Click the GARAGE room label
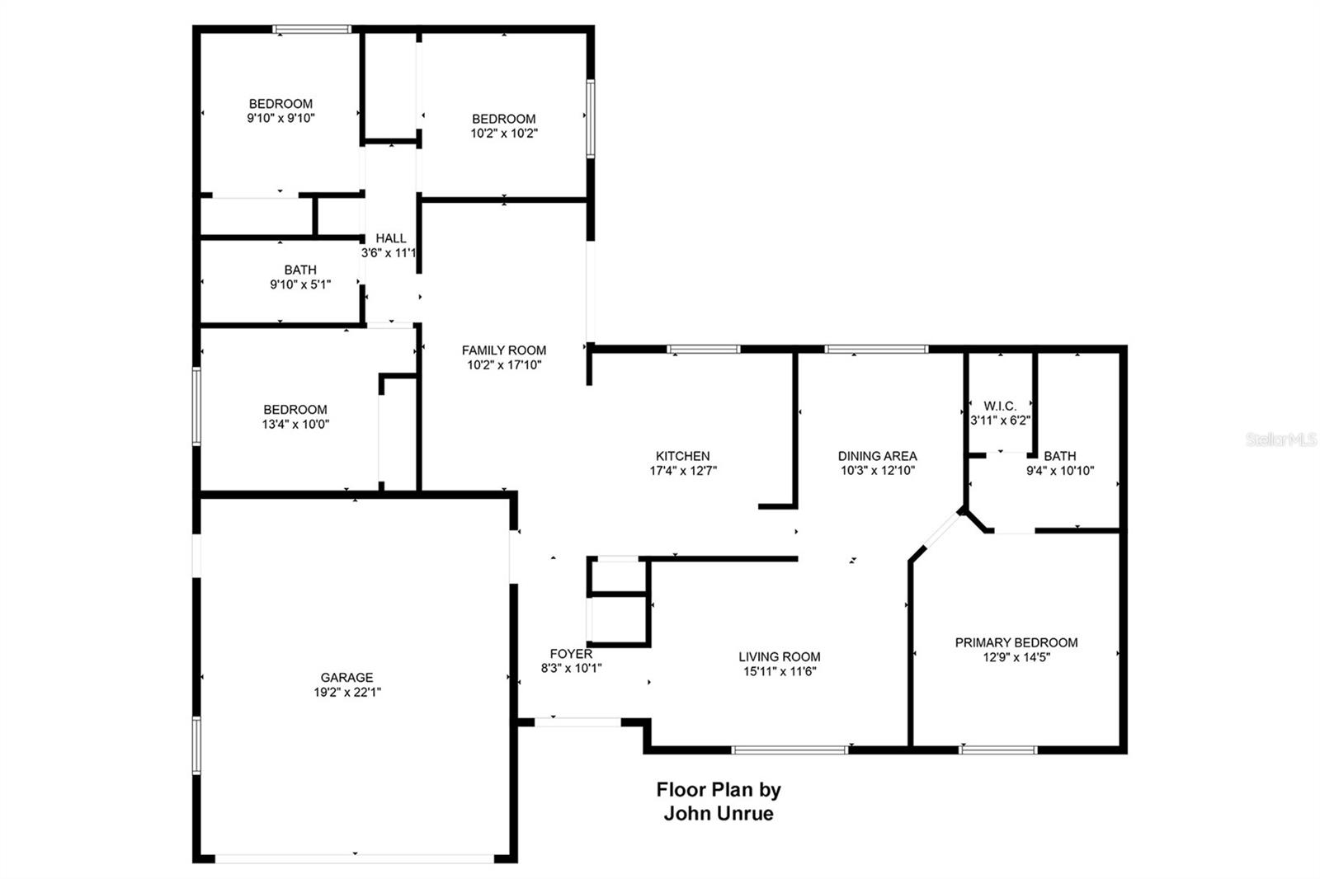[346, 678]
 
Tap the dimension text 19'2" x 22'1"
[346, 693]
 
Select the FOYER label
[571, 654]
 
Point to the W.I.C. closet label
[1000, 406]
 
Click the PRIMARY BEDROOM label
[1016, 642]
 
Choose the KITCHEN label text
[682, 456]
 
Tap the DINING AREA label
[877, 456]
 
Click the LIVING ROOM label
[779, 657]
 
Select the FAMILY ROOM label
[503, 350]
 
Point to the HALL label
[391, 238]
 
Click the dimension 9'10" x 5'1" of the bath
[300, 284]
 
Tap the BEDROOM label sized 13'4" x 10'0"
[295, 410]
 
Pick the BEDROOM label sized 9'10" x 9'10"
[280, 104]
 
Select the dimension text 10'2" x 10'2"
[504, 134]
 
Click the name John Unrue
[719, 814]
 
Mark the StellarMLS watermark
[1281, 439]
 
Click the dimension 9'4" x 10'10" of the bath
[1060, 471]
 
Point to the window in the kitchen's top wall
[703, 350]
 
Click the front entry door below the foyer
[577, 722]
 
